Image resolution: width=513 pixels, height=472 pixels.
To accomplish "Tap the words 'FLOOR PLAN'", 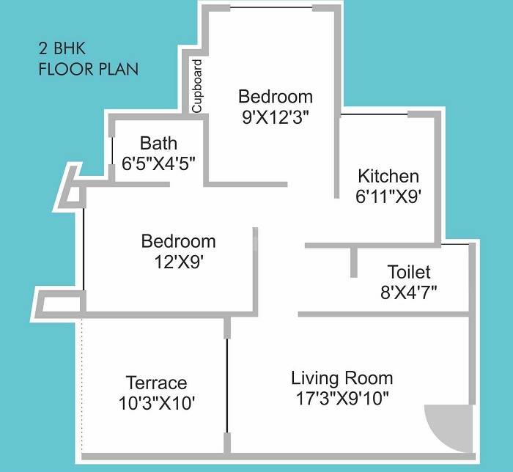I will (88, 70).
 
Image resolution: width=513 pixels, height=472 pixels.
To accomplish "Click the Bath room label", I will (158, 143).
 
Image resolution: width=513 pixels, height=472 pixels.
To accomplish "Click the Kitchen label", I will (388, 177).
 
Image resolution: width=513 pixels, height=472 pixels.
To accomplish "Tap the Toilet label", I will (409, 273).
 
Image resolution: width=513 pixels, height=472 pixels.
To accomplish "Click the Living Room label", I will (342, 379).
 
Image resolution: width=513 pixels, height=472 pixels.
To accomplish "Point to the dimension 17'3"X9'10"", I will (342, 399).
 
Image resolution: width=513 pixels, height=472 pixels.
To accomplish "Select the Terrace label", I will (156, 383).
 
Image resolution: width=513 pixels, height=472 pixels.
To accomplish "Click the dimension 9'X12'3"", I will (276, 117).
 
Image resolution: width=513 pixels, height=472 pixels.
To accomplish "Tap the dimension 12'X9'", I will (179, 261).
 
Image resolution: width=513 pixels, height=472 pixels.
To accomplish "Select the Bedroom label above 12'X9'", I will (179, 242).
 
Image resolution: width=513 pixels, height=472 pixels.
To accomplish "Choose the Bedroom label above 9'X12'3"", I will (276, 97).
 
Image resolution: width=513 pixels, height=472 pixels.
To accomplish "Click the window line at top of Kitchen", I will (374, 115).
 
